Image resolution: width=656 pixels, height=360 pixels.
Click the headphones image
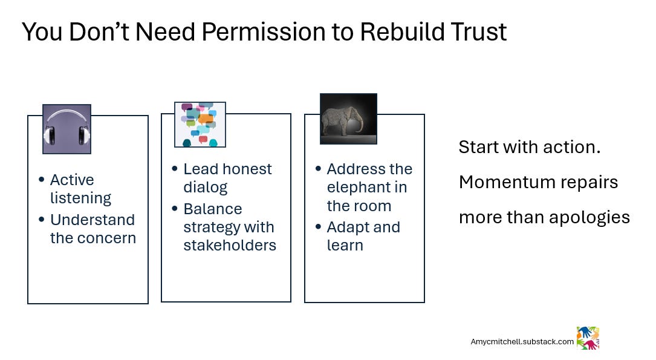click(x=67, y=129)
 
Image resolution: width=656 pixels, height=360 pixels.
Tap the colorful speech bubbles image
click(x=200, y=125)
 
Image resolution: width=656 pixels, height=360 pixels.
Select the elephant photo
click(x=348, y=119)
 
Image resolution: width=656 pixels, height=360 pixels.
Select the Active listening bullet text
click(x=80, y=189)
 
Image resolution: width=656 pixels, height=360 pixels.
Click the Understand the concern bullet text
click(x=93, y=229)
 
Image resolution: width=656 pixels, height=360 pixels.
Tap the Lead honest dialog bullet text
click(x=227, y=178)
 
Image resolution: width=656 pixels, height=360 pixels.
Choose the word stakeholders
click(x=230, y=245)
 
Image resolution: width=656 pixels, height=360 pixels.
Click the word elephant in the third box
click(x=367, y=188)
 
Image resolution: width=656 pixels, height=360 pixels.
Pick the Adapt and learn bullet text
click(x=363, y=236)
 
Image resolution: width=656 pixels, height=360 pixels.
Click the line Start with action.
click(x=529, y=147)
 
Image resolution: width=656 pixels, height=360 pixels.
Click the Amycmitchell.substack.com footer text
click(x=522, y=341)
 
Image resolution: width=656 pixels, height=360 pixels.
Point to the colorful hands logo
click(x=587, y=338)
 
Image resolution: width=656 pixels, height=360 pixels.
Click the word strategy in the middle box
click(x=209, y=227)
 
